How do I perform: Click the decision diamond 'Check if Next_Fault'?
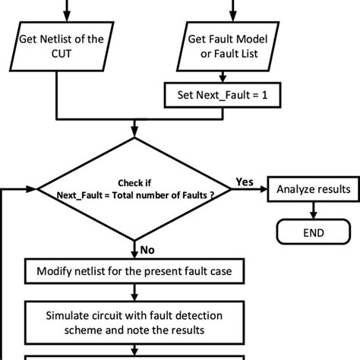click(x=134, y=189)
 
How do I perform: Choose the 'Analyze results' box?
click(x=311, y=189)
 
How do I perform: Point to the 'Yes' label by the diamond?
click(x=245, y=182)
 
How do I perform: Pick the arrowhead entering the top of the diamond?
click(x=134, y=133)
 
